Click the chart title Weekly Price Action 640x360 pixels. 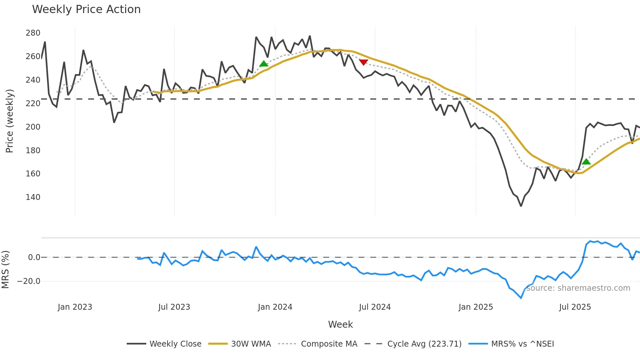[86, 9]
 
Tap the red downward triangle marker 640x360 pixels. [363, 62]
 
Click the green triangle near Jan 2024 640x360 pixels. [264, 64]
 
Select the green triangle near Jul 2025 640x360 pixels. [586, 161]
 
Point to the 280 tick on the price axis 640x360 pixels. [33, 33]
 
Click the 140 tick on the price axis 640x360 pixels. [33, 197]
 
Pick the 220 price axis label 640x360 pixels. [33, 104]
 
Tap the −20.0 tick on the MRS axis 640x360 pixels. [29, 281]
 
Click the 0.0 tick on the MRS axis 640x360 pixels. [34, 257]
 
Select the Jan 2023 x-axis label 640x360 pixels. [75, 307]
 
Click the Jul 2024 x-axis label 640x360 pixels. [375, 307]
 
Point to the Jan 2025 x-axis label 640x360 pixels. [475, 307]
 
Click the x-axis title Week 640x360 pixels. [340, 324]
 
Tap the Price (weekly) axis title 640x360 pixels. [10, 121]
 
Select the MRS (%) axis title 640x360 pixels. [6, 270]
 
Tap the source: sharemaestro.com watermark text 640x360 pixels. [578, 288]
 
